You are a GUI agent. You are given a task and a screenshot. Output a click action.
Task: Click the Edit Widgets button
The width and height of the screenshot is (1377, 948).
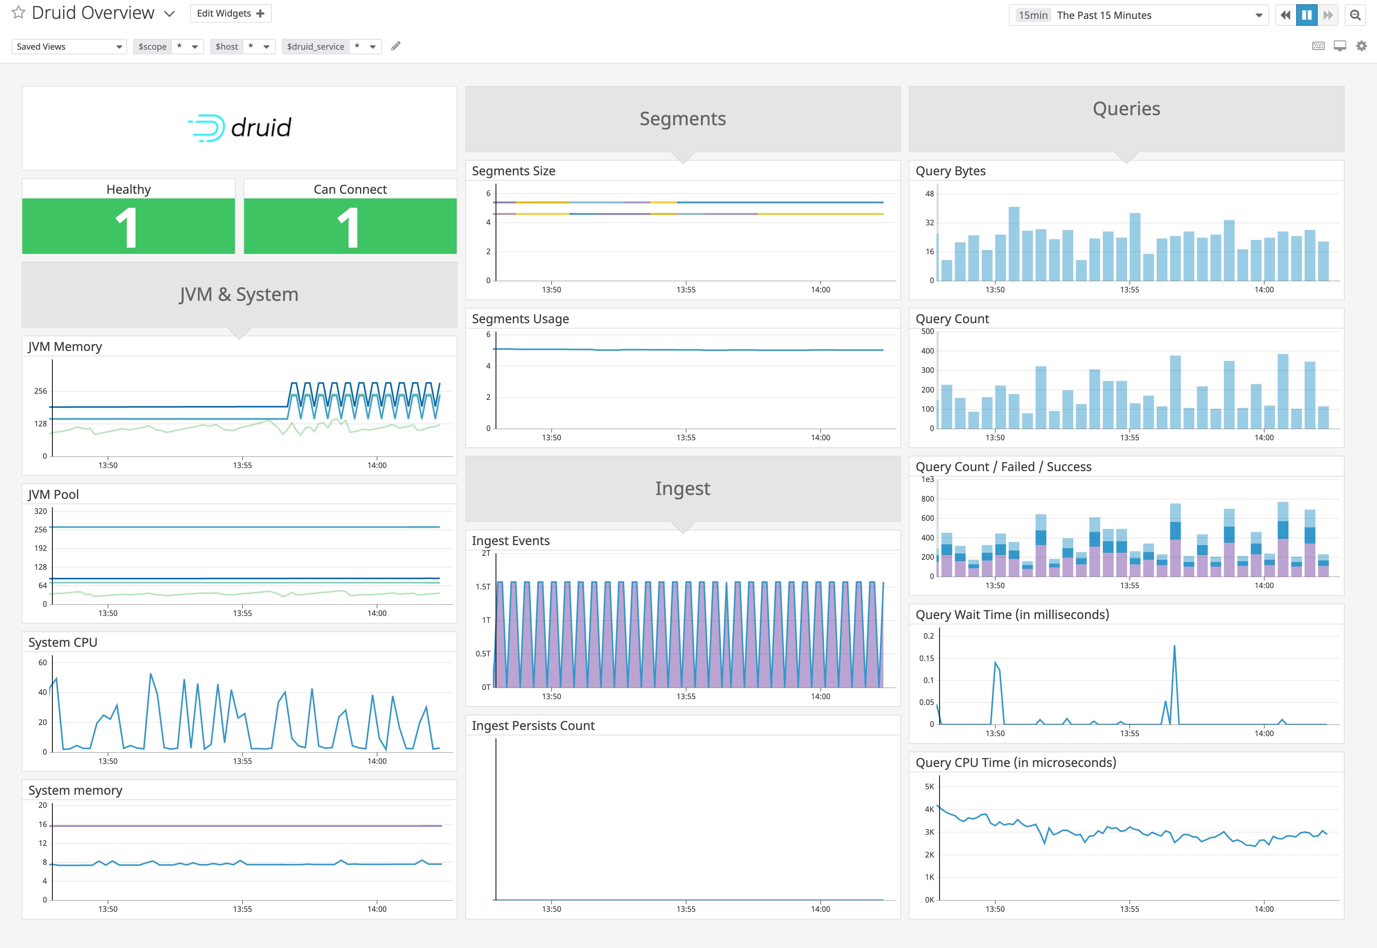230,13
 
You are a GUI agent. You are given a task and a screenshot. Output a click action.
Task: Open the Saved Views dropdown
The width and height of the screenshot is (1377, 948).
69,46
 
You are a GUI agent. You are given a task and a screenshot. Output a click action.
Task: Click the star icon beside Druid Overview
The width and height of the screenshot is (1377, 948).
18,12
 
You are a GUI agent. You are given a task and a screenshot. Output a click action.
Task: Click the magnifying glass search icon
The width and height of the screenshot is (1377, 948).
1355,15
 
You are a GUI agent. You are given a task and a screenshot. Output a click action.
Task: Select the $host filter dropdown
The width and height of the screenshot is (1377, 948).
242,46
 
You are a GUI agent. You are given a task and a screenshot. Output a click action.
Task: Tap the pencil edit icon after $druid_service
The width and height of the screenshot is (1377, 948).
395,46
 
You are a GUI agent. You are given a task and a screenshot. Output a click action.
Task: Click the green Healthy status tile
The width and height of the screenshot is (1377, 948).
128,226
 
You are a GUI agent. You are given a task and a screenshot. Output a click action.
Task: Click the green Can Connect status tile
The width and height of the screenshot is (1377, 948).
350,226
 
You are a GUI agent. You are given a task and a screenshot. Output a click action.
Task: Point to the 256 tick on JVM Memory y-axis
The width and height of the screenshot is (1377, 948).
40,391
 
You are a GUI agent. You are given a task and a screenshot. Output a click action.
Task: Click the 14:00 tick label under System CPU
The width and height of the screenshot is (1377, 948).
377,761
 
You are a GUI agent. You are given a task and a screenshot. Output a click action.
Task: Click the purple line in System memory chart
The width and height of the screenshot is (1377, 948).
246,826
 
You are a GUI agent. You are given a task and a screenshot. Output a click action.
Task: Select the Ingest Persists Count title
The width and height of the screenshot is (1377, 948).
533,725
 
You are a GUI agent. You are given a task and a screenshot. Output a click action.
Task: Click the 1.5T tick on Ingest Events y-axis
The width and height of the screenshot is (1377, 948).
483,586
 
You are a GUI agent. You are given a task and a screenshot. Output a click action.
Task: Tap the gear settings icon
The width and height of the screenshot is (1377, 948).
1361,46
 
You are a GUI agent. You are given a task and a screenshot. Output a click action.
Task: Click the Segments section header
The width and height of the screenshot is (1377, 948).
682,119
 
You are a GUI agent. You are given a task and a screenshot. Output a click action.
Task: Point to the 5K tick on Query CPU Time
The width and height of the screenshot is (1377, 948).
929,787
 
